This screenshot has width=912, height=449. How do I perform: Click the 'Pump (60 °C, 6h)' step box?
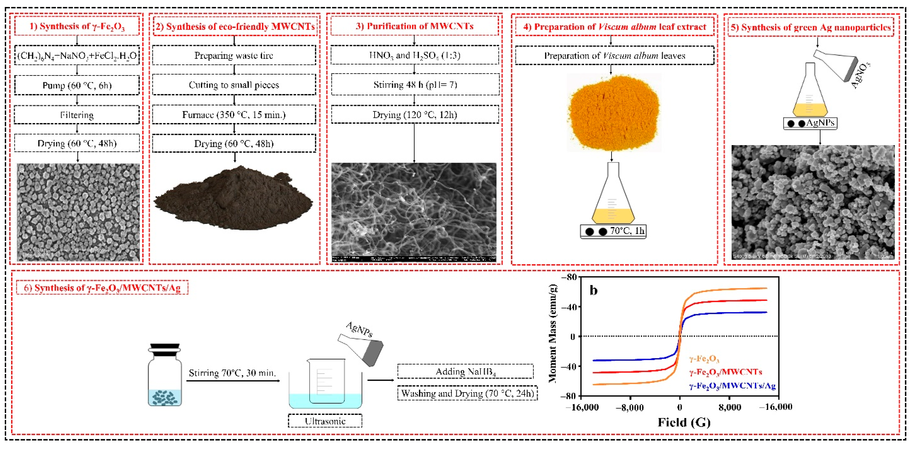click(x=77, y=85)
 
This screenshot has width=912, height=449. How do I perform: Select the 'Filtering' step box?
click(x=77, y=115)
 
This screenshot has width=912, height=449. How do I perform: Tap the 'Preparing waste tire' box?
click(x=234, y=56)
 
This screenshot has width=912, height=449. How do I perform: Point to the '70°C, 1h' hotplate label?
click(x=627, y=231)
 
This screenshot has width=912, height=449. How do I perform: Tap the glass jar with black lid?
click(x=165, y=375)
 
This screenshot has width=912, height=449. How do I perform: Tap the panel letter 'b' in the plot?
click(x=593, y=290)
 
